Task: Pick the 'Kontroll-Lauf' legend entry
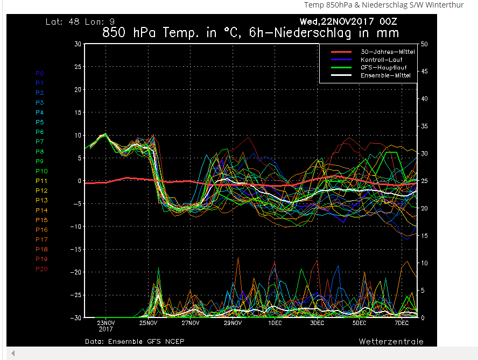click(382, 60)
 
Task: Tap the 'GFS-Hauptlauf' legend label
click(383, 68)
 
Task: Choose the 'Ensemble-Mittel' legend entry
click(385, 76)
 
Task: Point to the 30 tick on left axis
click(78, 44)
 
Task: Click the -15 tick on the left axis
click(76, 249)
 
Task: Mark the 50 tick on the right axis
click(425, 44)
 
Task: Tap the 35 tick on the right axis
click(425, 126)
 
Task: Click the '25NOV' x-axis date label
click(148, 323)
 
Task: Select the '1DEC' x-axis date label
click(275, 323)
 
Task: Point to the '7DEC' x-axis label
click(402, 323)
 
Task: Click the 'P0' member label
click(40, 73)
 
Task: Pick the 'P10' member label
click(41, 171)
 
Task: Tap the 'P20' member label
click(41, 269)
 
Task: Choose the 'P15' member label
click(41, 220)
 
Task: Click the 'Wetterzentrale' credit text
click(391, 342)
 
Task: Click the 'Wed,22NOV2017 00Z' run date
click(349, 22)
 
